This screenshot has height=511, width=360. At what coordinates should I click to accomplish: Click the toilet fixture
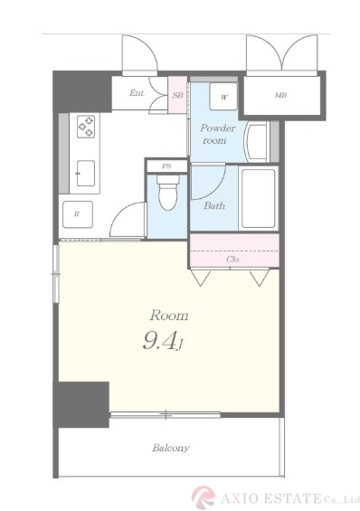[167, 193]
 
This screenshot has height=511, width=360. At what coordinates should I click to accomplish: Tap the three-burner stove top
[86, 127]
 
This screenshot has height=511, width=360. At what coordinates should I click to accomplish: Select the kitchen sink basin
[86, 173]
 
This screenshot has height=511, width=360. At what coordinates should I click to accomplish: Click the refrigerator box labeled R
[78, 214]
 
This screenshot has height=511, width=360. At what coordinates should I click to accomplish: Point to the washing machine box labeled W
[223, 97]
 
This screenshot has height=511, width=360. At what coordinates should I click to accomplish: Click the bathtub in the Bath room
[259, 199]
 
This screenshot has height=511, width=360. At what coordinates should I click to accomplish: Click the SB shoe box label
[178, 95]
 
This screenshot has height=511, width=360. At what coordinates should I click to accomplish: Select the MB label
[280, 95]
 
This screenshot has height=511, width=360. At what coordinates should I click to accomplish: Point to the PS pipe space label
[166, 166]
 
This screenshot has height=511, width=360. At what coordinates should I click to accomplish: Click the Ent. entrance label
[137, 93]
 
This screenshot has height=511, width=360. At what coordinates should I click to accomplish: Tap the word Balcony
[171, 448]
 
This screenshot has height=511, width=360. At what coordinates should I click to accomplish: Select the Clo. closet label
[233, 260]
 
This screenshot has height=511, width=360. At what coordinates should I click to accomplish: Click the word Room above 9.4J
[169, 316]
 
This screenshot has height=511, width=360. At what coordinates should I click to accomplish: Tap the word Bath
[214, 205]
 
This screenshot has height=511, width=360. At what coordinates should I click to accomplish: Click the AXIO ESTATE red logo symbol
[204, 497]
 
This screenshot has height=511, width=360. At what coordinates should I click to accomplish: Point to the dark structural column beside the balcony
[81, 404]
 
